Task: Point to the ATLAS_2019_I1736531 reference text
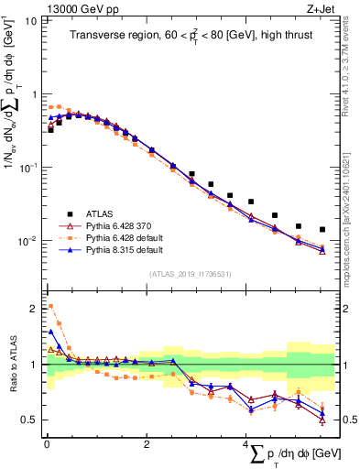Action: click(189, 274)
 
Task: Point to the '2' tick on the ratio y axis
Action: click(35, 308)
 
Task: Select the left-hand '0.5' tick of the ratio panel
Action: click(30, 420)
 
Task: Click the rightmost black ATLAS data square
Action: click(322, 229)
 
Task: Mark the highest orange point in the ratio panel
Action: click(50, 306)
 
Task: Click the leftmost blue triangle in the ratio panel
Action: click(50, 332)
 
